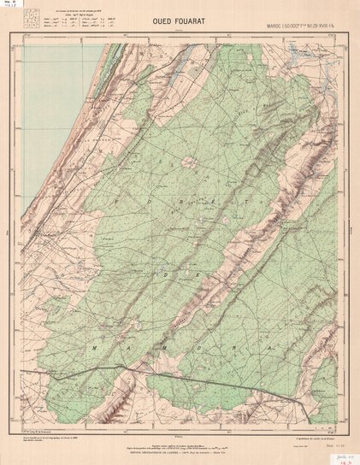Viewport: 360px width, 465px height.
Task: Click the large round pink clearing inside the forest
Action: point(186,162)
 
